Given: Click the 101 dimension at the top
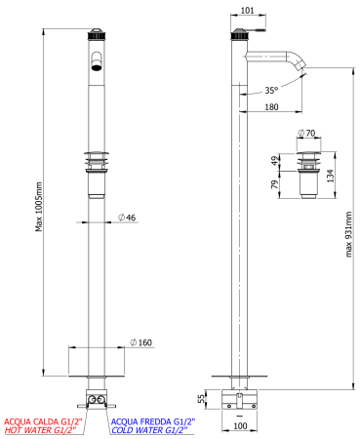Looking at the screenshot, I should (x=247, y=13).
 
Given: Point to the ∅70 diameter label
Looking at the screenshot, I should (x=311, y=133).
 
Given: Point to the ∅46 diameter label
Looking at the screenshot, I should (x=126, y=217).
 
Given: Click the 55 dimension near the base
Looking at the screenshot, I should (x=202, y=399).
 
